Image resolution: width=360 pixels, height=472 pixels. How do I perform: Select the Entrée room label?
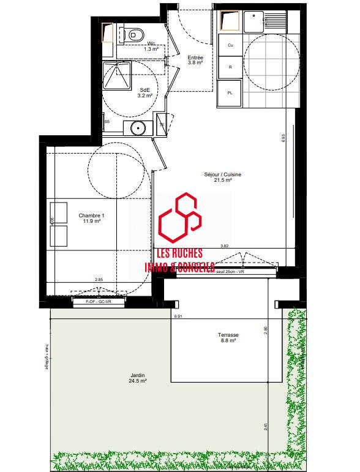[x=195, y=59]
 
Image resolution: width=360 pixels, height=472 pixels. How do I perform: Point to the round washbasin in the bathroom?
[x=138, y=128]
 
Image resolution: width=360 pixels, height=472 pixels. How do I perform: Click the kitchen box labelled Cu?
[x=230, y=45]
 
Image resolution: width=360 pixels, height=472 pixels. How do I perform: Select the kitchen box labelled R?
[x=230, y=68]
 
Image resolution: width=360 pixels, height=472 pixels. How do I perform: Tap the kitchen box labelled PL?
[x=230, y=93]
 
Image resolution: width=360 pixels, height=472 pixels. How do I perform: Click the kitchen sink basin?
[x=252, y=24]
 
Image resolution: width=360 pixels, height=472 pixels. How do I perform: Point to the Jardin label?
[x=137, y=377]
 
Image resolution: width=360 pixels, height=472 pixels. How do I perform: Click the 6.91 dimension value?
[x=178, y=317]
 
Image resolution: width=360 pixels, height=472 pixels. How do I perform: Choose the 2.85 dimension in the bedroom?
[x=99, y=280]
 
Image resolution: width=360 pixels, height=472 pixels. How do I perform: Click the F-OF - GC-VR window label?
[x=99, y=301]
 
